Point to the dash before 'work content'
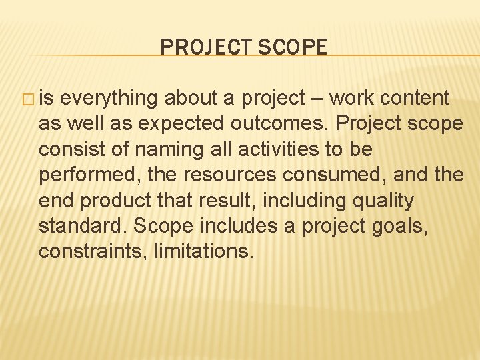pyautogui.click(x=316, y=98)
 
